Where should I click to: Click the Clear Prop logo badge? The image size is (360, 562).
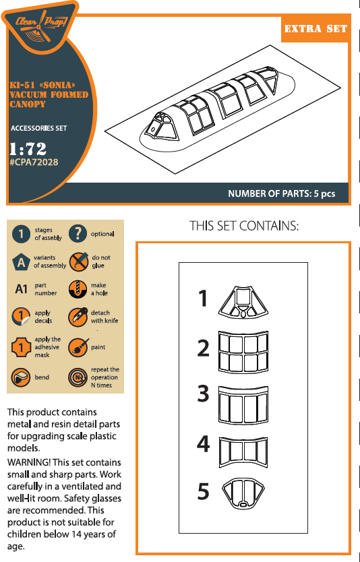coord(40,27)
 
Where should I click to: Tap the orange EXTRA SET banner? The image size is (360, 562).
coord(316,29)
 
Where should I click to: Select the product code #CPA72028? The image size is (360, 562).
coord(34,162)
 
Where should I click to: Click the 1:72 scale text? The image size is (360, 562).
coord(28,149)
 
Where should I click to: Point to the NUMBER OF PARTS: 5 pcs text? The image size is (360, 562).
coord(282,194)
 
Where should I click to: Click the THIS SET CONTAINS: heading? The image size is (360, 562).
coord(244,226)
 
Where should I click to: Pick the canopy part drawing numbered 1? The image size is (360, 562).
coord(243,302)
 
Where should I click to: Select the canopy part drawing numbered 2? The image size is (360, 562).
coord(243,352)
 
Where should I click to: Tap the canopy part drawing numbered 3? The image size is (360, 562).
coord(243,405)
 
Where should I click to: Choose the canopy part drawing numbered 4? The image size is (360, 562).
coord(243,451)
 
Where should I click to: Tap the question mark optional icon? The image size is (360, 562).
coord(78,234)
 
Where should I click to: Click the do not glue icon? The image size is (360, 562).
coord(78,261)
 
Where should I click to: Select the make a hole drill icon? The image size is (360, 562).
coord(78,289)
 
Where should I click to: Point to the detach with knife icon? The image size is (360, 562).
coord(78,317)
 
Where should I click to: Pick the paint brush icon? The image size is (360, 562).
coord(78,347)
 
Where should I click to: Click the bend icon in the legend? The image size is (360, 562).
coord(21,377)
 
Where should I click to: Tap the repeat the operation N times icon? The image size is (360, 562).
coord(78,377)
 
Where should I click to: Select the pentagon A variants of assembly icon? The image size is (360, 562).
coord(21,261)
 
